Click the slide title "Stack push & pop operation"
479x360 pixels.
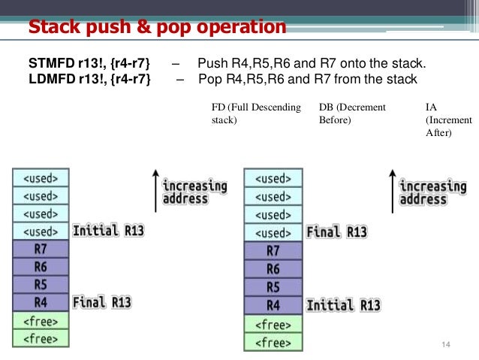[157, 28]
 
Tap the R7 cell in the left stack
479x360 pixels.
[41, 249]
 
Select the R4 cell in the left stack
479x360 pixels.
[41, 302]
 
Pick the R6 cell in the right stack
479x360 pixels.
[273, 268]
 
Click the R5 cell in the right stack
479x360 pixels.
[273, 286]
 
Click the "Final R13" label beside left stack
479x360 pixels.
[102, 302]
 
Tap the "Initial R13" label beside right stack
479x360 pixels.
[342, 304]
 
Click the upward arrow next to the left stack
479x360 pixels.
[155, 191]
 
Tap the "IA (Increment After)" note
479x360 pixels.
[448, 119]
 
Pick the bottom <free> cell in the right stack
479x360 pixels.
[273, 342]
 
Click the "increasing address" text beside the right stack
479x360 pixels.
[432, 192]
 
